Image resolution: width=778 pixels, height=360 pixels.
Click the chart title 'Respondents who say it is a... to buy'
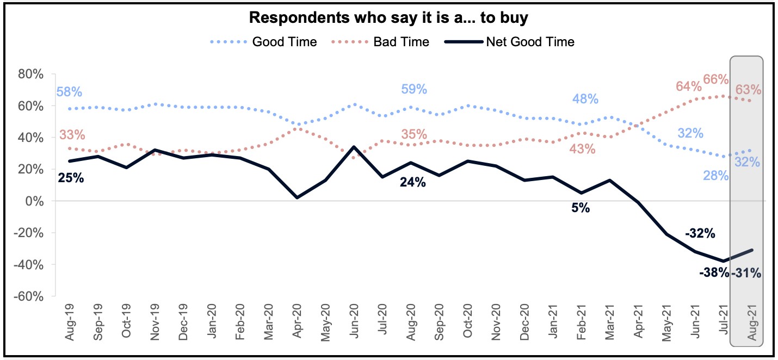(x=389, y=17)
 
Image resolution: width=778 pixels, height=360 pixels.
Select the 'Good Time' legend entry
(x=284, y=42)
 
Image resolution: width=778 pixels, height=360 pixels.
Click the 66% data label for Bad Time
(x=715, y=79)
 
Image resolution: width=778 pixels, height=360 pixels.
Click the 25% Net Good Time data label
(x=71, y=177)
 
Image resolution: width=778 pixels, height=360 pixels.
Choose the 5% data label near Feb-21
(x=581, y=208)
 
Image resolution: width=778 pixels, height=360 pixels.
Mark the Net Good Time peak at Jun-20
(x=354, y=147)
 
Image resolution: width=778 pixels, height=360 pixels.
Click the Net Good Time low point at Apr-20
(x=297, y=197)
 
